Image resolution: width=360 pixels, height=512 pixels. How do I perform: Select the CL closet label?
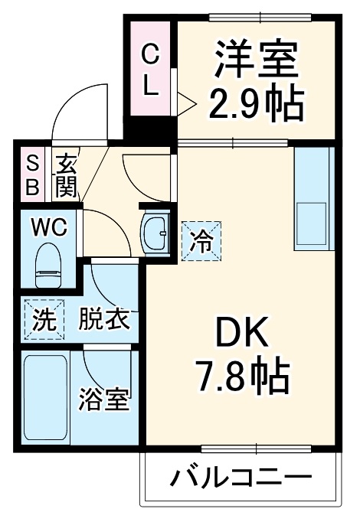click(151, 70)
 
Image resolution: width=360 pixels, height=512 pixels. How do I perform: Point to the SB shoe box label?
click(33, 174)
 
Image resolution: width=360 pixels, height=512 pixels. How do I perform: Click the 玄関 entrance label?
click(66, 174)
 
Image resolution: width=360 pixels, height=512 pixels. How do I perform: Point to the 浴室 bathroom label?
click(104, 399)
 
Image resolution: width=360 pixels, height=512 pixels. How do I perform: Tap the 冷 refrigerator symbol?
click(201, 243)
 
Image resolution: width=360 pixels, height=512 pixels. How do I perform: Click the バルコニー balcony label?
click(240, 479)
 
